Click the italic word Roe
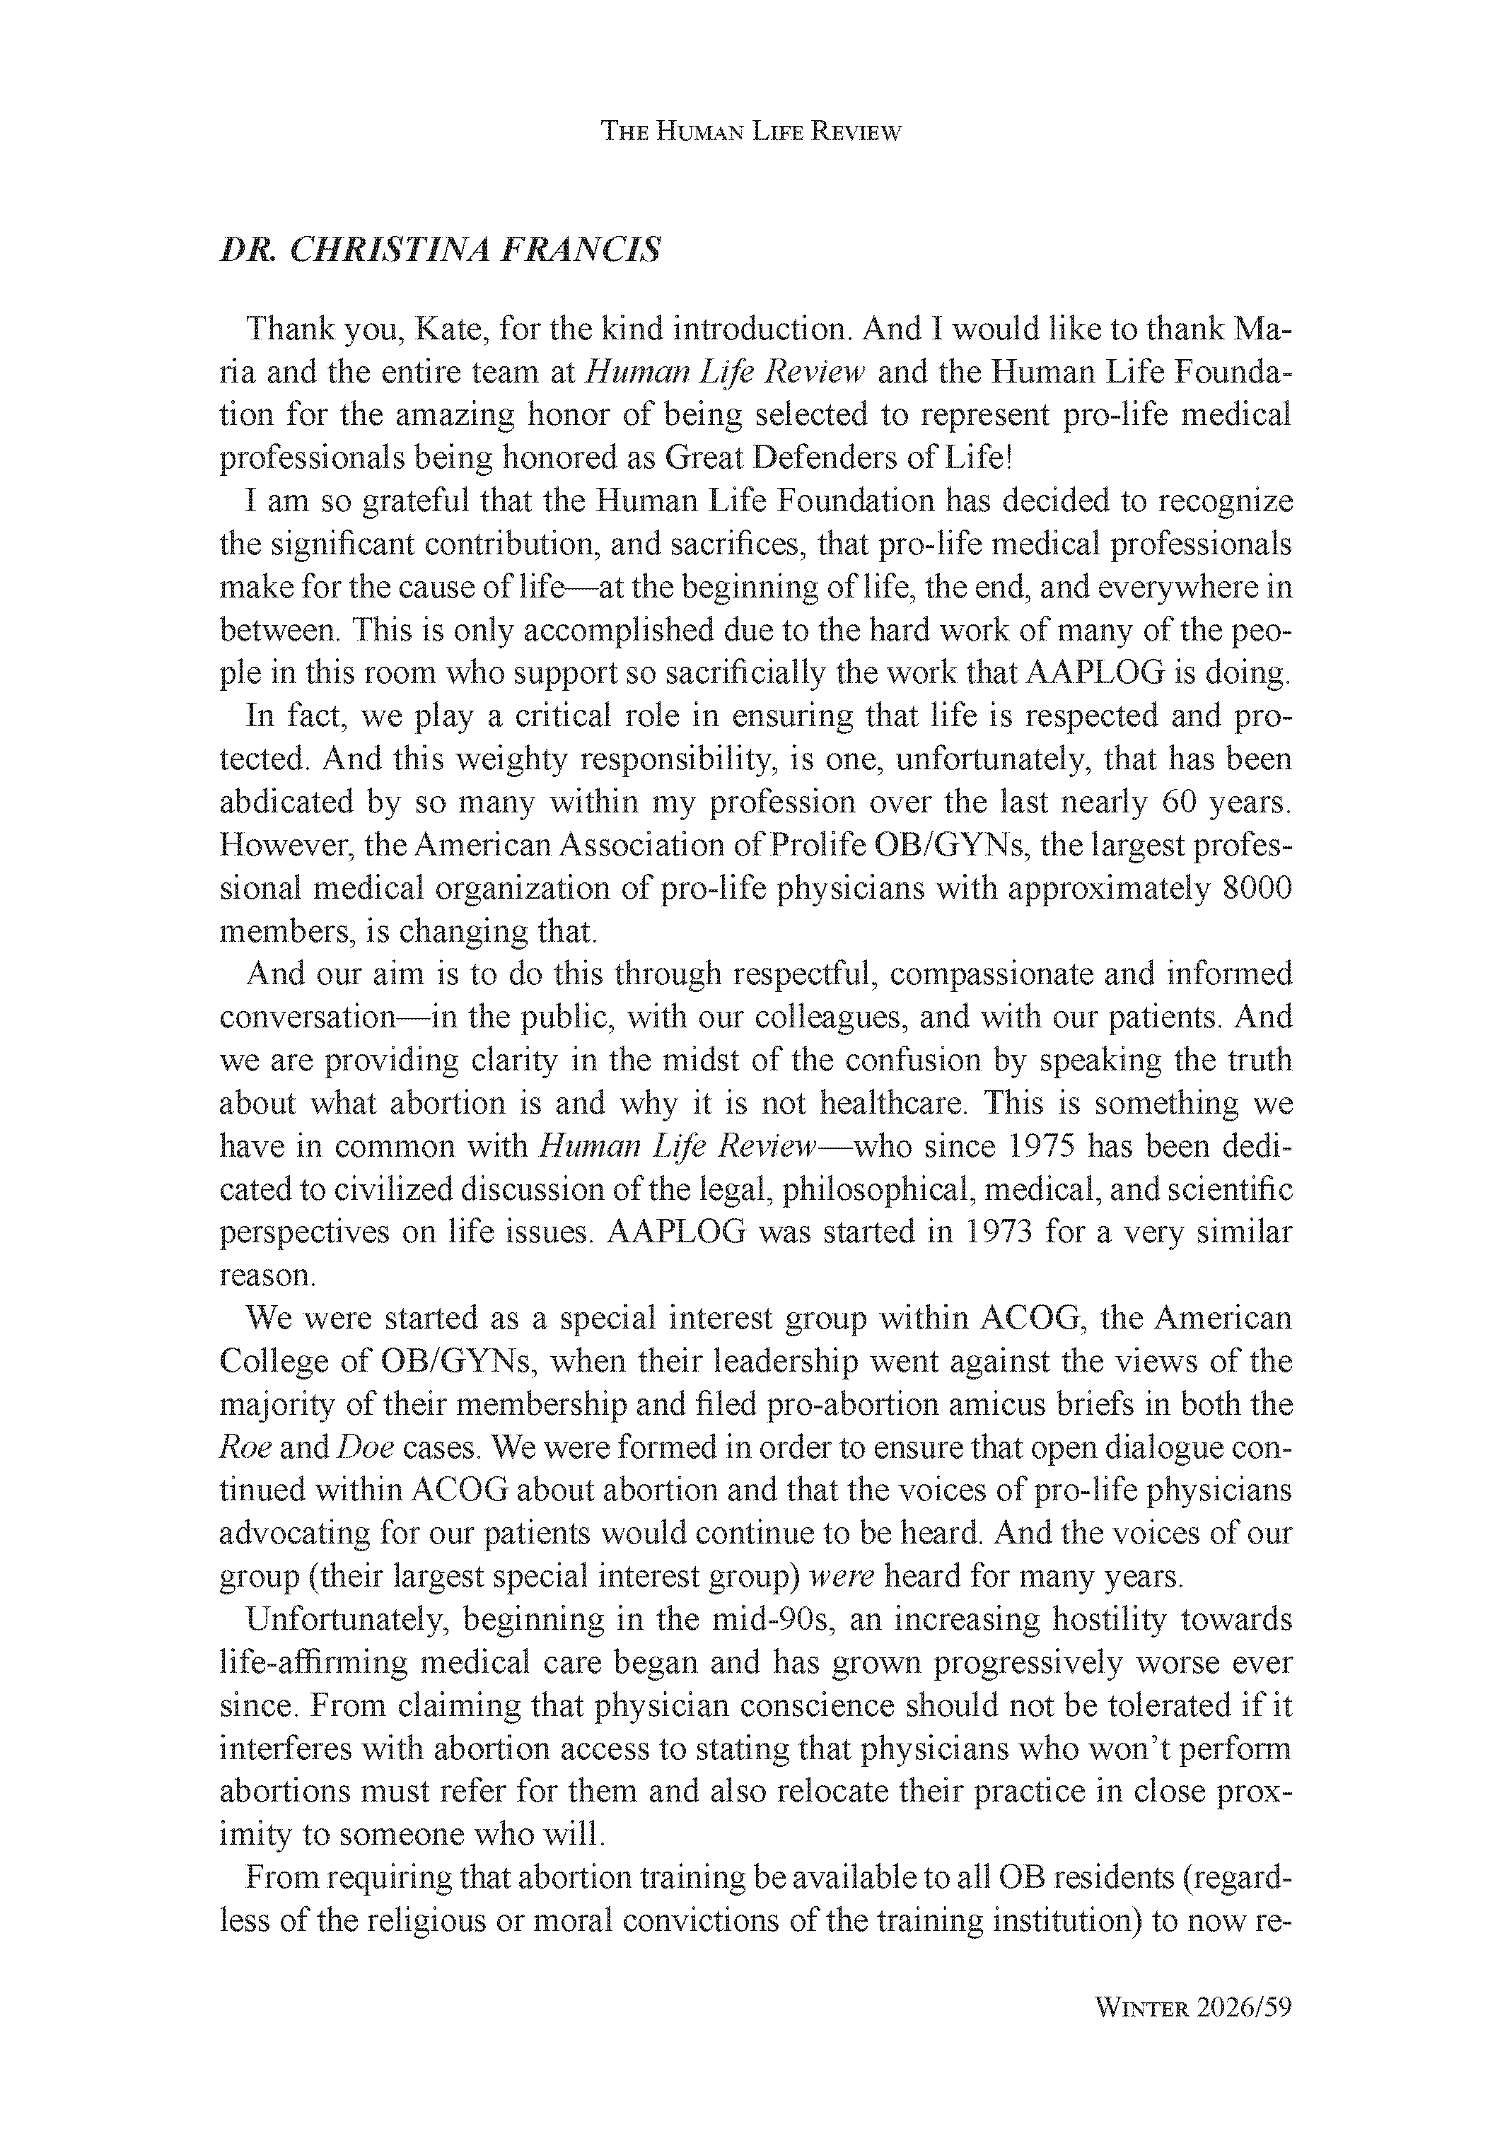pos(245,1447)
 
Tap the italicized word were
pos(840,1577)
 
